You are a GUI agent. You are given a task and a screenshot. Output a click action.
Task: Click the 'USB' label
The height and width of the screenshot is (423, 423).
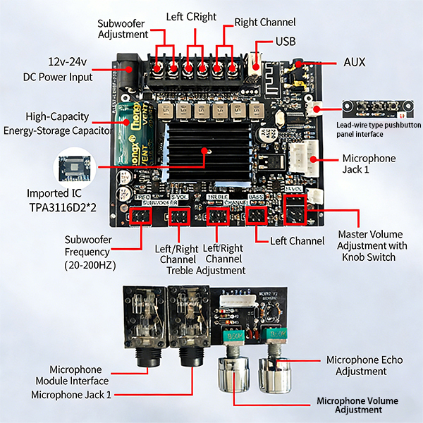coord(286,42)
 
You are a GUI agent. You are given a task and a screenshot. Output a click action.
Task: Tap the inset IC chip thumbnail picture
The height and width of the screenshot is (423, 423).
coord(77,168)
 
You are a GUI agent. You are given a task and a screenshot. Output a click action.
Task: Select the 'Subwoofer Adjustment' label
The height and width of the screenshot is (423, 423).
coord(123,28)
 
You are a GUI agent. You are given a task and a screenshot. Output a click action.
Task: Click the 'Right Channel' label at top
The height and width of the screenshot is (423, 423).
coord(264,22)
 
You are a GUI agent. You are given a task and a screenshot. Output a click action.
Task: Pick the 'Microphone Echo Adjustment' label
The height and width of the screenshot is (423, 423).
coord(364,365)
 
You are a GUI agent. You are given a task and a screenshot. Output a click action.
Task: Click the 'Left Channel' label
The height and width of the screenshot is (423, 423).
coord(298,241)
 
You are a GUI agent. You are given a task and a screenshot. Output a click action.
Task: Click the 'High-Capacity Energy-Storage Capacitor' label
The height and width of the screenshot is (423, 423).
coord(58,123)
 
